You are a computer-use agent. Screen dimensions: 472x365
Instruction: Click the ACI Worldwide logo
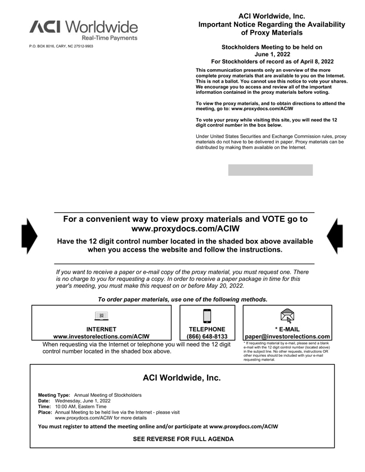click(x=83, y=29)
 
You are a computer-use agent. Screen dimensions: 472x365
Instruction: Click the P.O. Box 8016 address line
click(x=61, y=46)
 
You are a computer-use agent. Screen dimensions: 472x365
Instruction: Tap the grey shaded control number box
click(x=270, y=170)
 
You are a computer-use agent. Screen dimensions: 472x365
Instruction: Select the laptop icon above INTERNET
click(x=101, y=315)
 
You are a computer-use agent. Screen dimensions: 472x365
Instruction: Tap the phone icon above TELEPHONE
click(x=207, y=316)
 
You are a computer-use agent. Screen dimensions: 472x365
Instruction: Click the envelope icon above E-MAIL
click(x=287, y=316)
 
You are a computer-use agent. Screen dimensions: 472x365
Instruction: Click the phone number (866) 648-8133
click(x=207, y=337)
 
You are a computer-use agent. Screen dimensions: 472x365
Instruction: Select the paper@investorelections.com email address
click(x=287, y=337)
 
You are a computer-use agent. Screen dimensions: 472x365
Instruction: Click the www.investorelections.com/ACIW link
click(x=101, y=337)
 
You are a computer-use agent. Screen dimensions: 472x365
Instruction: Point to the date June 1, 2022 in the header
click(x=272, y=55)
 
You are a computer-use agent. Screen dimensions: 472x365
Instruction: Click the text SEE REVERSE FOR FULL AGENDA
click(x=183, y=439)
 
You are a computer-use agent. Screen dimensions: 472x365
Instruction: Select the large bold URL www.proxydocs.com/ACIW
click(x=185, y=229)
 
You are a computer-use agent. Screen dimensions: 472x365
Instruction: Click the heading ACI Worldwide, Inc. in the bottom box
click(x=182, y=378)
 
